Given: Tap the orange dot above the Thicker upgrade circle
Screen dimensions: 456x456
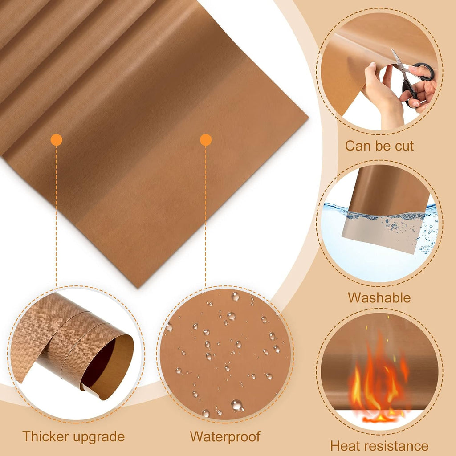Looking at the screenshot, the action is pyautogui.click(x=57, y=140).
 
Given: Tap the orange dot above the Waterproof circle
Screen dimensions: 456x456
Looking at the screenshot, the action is pyautogui.click(x=206, y=140).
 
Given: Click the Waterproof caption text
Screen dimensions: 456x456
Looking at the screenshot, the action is pyautogui.click(x=225, y=437).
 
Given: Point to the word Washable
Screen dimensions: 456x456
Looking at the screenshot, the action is pyautogui.click(x=379, y=297).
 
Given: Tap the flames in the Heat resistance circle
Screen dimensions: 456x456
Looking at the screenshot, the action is pyautogui.click(x=378, y=381).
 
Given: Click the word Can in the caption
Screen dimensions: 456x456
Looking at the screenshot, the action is pyautogui.click(x=355, y=146).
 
